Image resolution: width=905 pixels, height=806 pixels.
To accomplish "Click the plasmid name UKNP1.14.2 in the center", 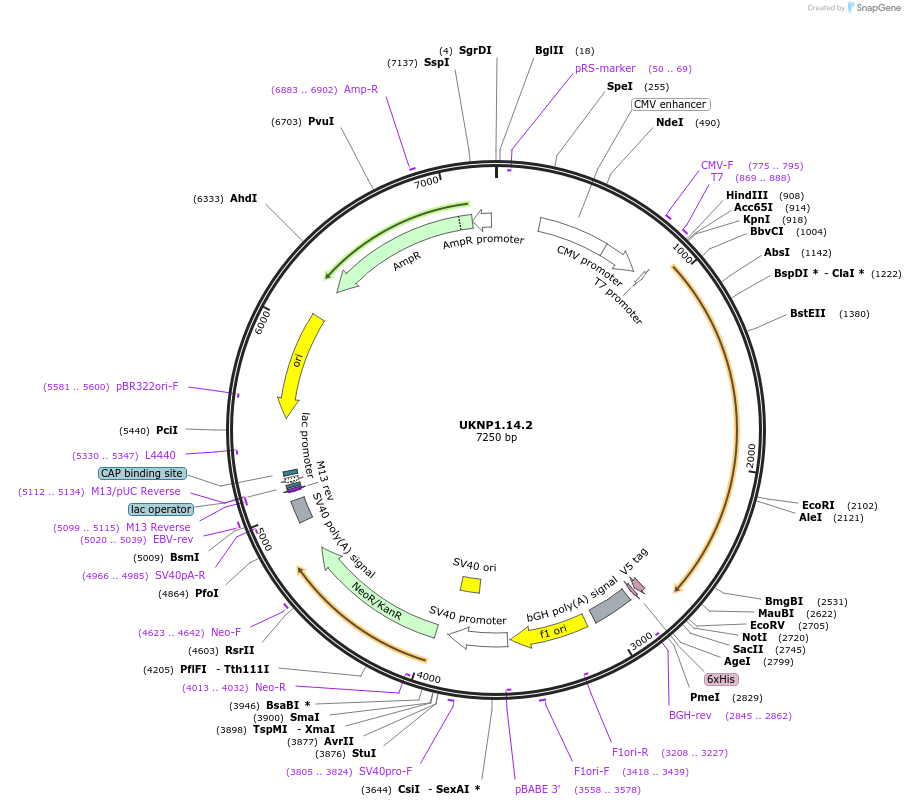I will tap(496, 425).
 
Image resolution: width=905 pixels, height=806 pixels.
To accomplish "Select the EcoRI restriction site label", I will tap(818, 505).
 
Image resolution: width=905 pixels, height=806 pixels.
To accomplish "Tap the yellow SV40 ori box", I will tap(470, 584).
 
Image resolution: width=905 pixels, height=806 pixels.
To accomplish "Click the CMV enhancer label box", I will tap(670, 104).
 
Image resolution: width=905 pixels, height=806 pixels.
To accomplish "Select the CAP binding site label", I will tap(142, 473).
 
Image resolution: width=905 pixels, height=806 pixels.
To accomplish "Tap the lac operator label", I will tap(160, 509).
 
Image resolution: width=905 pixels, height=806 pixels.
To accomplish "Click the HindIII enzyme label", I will tap(747, 195).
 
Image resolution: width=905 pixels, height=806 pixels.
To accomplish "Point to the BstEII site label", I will tap(808, 313).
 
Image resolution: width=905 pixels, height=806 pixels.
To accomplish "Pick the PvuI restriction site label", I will tap(321, 121).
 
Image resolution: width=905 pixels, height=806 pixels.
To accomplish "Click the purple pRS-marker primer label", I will tap(605, 68).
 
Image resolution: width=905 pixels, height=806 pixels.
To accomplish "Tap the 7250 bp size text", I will tap(496, 438).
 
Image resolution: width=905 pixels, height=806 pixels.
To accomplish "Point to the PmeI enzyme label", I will tap(705, 697).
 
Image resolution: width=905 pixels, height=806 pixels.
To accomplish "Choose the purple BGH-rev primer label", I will tap(690, 715).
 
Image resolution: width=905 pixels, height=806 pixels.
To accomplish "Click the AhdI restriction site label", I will tap(243, 198).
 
